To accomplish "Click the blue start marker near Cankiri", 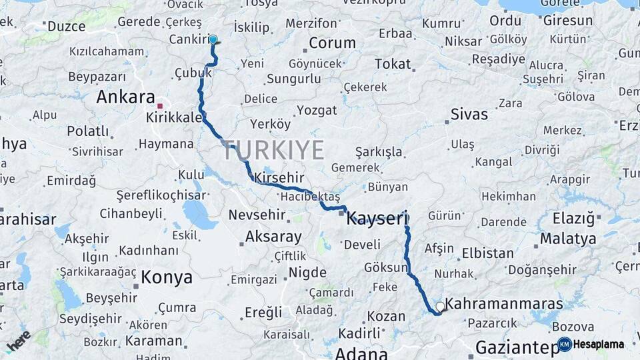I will pyautogui.click(x=213, y=39).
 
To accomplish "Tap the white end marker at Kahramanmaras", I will pyautogui.click(x=440, y=307).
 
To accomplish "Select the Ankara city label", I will pyautogui.click(x=126, y=97).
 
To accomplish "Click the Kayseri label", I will pyautogui.click(x=377, y=217).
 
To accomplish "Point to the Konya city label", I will pyautogui.click(x=167, y=277).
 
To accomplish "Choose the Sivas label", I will pyautogui.click(x=469, y=114).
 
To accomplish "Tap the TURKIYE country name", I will pyautogui.click(x=274, y=150).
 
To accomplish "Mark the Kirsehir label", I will pyautogui.click(x=279, y=178).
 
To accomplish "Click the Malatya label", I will pyautogui.click(x=568, y=238).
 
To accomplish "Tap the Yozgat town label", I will pyautogui.click(x=317, y=109).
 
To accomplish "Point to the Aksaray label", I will pyautogui.click(x=273, y=236).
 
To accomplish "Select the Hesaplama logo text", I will pyautogui.click(x=599, y=344).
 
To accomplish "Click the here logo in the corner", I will pyautogui.click(x=18, y=341).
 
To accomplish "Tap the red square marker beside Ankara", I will pyautogui.click(x=160, y=106).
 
